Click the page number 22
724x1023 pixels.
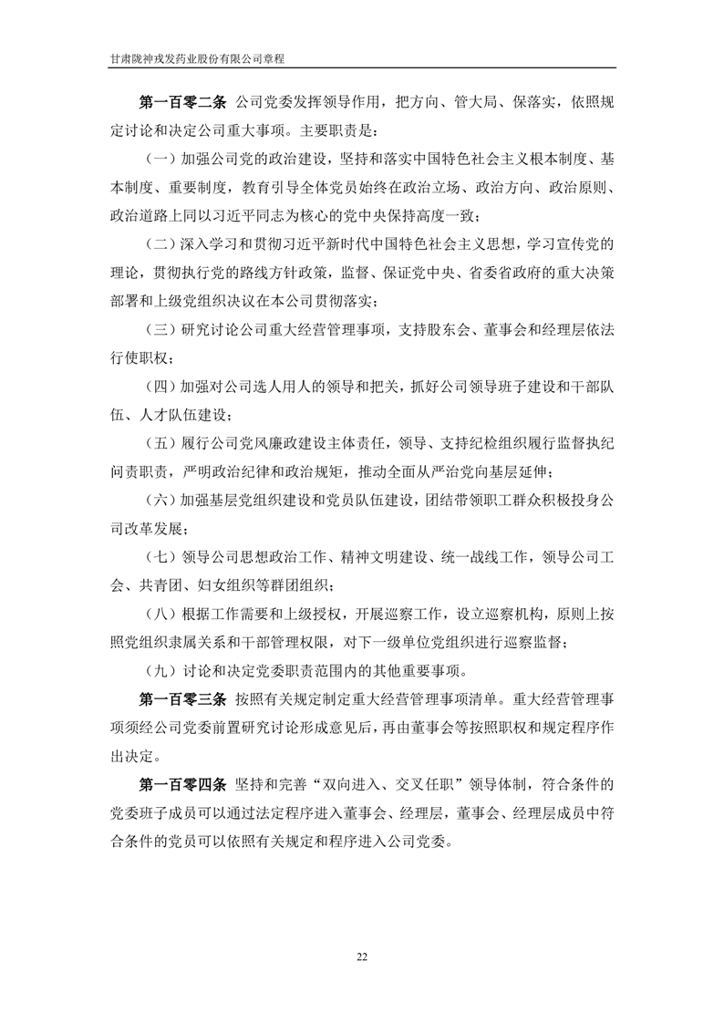coord(362,956)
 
